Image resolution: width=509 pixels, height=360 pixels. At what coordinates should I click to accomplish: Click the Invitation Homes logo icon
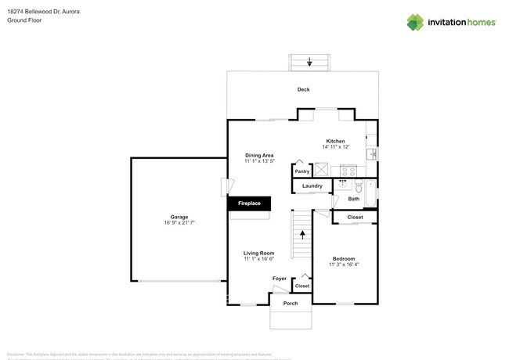[415, 23]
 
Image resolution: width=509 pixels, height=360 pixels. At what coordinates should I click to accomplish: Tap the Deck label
[303, 89]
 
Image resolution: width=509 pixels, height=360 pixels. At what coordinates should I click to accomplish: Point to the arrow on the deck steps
[310, 62]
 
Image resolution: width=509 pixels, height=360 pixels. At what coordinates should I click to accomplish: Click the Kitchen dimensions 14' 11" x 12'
[335, 147]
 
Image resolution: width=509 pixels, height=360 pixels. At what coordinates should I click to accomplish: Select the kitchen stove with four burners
[346, 170]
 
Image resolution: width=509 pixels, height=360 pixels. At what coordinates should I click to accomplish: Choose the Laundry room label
[312, 186]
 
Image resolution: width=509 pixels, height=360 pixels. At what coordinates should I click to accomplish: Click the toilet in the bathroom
[345, 185]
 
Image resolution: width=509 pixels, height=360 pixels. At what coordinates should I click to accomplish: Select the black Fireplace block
[249, 203]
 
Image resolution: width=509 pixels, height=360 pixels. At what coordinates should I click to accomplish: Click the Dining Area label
[259, 155]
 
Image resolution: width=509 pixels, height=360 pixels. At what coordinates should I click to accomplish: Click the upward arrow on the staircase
[302, 234]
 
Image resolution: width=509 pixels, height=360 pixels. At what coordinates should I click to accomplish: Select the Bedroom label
[343, 258]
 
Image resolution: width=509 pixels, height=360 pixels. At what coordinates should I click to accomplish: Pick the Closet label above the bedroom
[355, 217]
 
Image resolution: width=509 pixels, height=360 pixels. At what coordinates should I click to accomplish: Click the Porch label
[291, 303]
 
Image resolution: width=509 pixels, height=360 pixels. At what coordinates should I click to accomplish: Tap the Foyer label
[279, 279]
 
